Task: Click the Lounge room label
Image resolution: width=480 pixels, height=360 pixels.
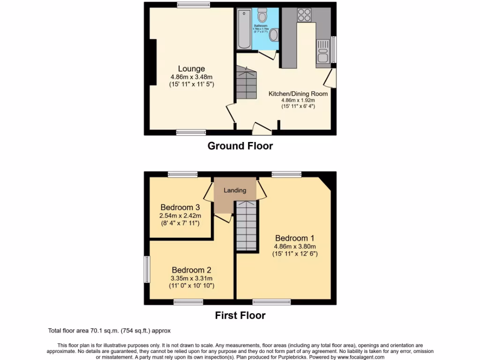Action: [191, 69]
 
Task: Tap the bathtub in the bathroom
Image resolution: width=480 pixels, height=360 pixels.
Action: [244, 29]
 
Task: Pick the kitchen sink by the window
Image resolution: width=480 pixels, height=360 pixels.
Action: [322, 52]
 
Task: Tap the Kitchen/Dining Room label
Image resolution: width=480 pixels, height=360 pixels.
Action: [298, 94]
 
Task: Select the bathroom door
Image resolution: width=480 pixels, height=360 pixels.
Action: [267, 56]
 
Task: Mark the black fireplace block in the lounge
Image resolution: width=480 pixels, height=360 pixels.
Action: [153, 62]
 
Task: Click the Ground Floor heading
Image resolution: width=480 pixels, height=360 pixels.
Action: [240, 146]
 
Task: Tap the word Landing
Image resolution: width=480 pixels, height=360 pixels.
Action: [235, 190]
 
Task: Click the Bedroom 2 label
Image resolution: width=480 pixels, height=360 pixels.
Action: [191, 270]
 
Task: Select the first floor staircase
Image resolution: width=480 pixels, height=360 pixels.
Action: [246, 227]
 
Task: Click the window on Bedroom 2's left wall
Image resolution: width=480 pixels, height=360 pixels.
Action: [146, 269]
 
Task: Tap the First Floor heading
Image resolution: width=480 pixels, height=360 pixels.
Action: [240, 315]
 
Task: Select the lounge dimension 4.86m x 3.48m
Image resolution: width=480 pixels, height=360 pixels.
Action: [191, 77]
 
